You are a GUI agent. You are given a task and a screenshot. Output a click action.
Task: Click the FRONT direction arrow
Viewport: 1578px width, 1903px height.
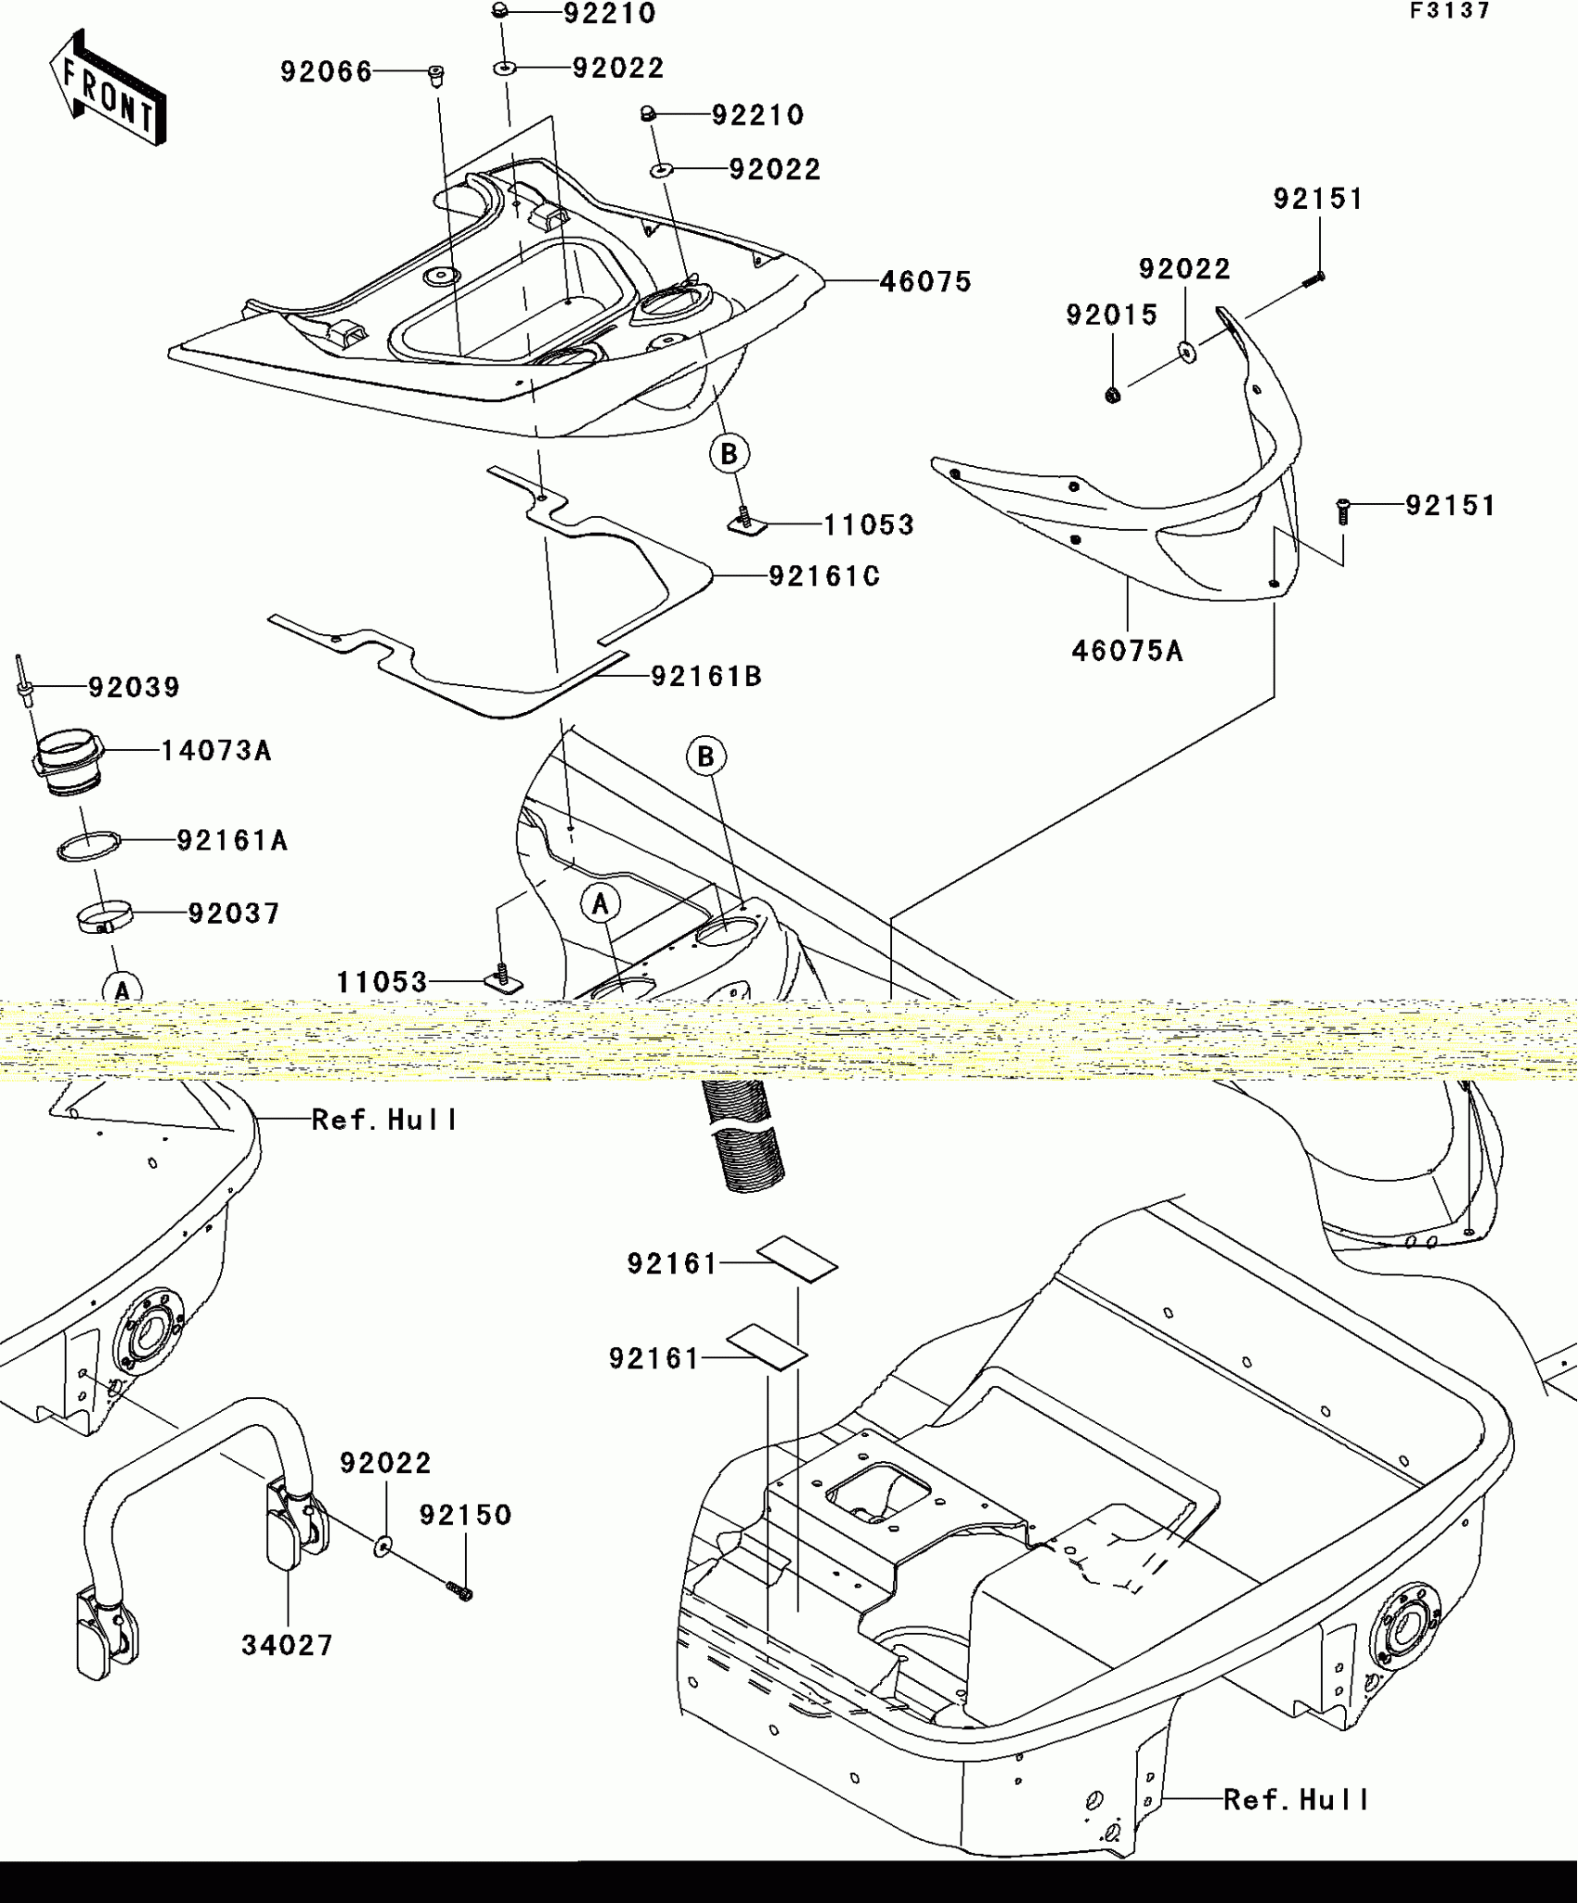tap(108, 90)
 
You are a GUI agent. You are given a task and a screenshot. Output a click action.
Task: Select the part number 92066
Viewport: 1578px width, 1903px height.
tap(326, 72)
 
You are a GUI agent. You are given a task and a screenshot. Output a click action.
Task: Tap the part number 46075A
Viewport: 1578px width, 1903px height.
tap(1127, 652)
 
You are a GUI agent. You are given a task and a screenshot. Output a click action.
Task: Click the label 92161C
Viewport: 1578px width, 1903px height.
tap(824, 576)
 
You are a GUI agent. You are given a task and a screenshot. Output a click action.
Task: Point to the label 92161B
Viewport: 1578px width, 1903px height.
tap(706, 677)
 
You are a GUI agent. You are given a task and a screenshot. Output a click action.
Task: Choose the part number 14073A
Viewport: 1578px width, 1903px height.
tap(216, 751)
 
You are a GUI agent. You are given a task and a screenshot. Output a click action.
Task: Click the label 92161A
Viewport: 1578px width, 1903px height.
tap(232, 841)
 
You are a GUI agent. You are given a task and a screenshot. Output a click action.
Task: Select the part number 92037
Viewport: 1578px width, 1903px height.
tap(234, 913)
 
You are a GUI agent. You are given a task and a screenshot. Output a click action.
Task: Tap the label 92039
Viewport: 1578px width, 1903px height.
tap(134, 688)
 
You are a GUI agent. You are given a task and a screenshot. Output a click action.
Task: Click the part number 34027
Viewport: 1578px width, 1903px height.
tap(287, 1646)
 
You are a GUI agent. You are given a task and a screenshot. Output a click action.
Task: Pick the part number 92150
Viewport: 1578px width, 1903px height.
tap(465, 1515)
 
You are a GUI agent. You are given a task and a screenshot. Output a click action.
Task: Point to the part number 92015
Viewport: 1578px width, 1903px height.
tap(1111, 316)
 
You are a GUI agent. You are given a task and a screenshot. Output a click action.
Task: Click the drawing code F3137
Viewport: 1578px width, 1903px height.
tap(1450, 11)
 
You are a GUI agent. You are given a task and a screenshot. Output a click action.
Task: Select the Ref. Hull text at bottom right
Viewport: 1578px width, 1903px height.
tap(1296, 1800)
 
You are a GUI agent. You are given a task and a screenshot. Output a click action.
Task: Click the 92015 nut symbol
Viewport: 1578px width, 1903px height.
tap(1113, 396)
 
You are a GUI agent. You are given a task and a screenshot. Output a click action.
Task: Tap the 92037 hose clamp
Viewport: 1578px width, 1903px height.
tap(104, 918)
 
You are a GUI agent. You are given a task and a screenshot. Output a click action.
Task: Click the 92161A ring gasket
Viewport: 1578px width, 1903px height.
tap(90, 848)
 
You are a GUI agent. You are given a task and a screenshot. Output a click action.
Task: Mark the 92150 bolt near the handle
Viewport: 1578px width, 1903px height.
tap(459, 1593)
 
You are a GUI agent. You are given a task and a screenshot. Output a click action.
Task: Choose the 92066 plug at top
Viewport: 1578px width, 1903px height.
tap(434, 74)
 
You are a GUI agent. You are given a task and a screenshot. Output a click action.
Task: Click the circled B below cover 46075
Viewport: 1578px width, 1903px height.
tap(729, 454)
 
